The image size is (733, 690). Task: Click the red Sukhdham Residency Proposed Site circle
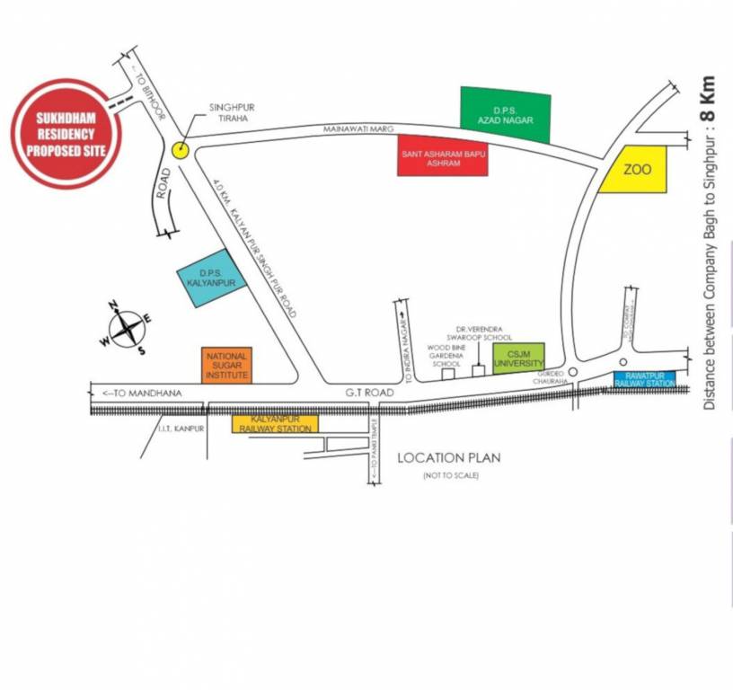pos(66,134)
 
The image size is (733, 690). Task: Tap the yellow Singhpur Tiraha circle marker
pos(181,150)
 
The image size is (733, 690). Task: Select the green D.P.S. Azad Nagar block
pos(505,114)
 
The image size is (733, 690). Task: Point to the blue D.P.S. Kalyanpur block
pos(206,276)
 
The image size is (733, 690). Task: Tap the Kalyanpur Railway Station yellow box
pos(275,423)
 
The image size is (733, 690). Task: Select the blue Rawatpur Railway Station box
pos(644,379)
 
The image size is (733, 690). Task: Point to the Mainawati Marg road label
pos(359,129)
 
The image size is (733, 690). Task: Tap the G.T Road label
pos(370,393)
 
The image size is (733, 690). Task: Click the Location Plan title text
pos(449,457)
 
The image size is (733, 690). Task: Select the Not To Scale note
pos(451,474)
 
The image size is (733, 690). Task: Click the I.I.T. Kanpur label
pos(181,429)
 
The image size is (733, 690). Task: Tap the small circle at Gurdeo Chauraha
pos(573,373)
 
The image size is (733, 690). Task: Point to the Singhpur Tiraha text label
pos(232,111)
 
